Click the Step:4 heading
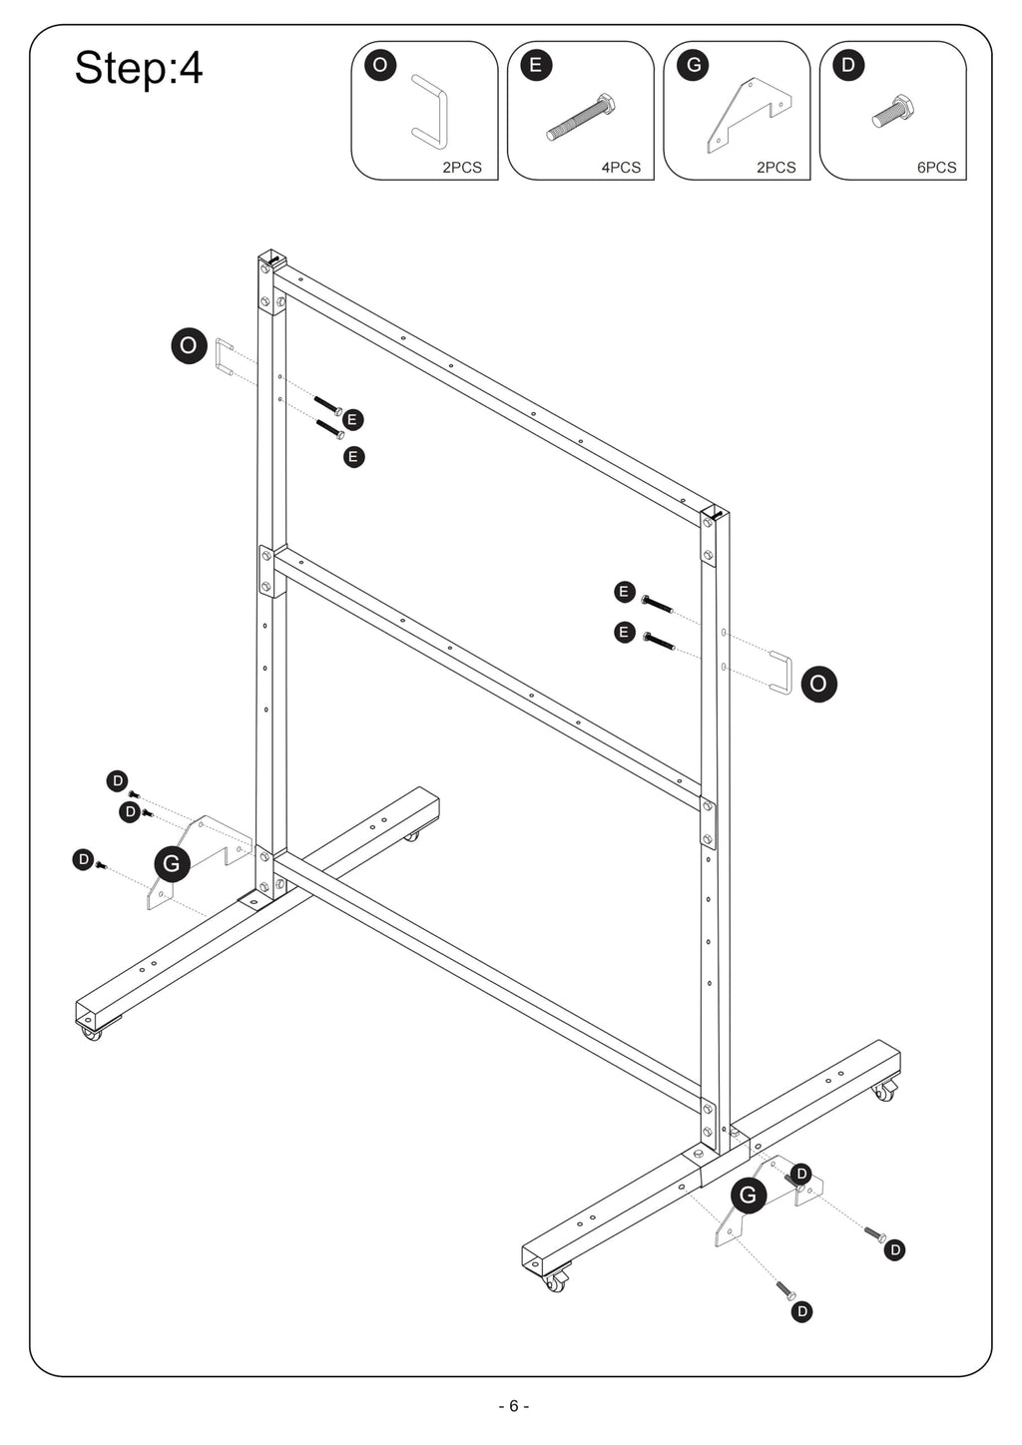[x=139, y=68]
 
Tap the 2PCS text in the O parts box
[x=462, y=168]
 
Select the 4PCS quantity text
[x=621, y=168]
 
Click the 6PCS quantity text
[x=937, y=168]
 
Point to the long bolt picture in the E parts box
[x=581, y=117]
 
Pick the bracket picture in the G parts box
[x=750, y=115]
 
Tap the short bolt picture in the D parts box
[x=893, y=112]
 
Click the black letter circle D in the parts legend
[x=848, y=65]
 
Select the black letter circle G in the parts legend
[x=694, y=65]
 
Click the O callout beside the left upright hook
[x=189, y=345]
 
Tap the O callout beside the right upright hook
[x=818, y=684]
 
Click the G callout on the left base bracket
[x=173, y=863]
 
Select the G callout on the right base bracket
[x=749, y=1196]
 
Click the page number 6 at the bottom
[x=514, y=1406]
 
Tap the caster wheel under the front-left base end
[x=92, y=1034]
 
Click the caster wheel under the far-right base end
[x=884, y=1092]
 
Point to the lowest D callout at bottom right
[x=802, y=1312]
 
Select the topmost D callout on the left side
[x=118, y=781]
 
